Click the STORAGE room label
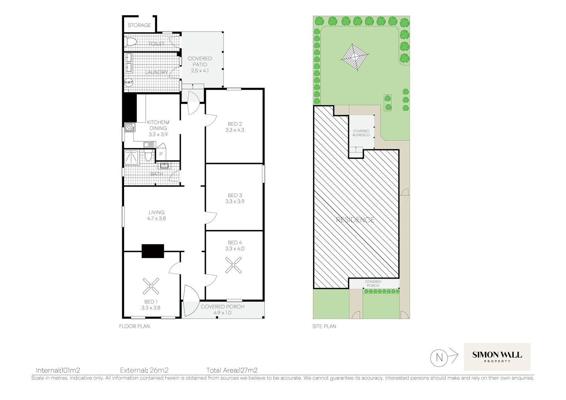(x=139, y=25)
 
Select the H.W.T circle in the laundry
(x=129, y=83)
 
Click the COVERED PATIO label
(x=200, y=61)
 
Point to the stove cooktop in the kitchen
(x=129, y=127)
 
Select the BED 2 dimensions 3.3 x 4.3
(x=235, y=130)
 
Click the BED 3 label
(x=235, y=195)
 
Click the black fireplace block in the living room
(x=153, y=251)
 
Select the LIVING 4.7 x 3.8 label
(x=157, y=215)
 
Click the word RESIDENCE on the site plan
(x=355, y=220)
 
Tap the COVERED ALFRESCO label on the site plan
(x=361, y=133)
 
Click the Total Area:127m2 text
(x=232, y=370)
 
